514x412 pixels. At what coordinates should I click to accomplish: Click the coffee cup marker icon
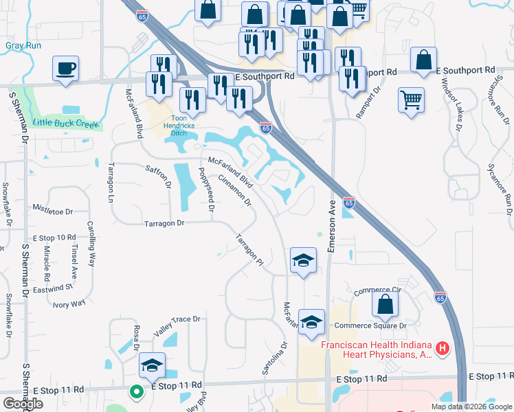65,69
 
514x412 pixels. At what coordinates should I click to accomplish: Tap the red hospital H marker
443,348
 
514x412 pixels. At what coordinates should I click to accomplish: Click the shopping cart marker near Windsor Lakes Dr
411,100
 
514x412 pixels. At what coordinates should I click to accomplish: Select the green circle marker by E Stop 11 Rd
136,392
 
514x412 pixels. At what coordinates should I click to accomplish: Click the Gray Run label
23,46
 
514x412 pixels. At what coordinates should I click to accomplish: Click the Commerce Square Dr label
371,325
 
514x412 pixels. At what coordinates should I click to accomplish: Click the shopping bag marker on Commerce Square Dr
385,304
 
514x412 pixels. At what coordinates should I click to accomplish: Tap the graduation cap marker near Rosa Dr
152,365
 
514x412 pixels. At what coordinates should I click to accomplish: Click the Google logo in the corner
22,404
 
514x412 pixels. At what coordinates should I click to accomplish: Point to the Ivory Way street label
69,303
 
